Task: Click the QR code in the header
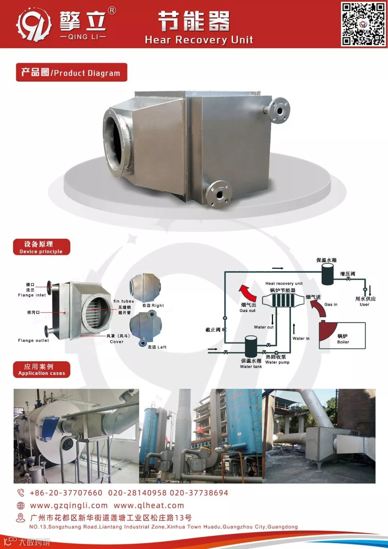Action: (363, 24)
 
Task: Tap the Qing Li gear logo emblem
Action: (34, 24)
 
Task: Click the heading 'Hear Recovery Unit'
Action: (199, 40)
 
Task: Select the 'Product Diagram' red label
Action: (71, 72)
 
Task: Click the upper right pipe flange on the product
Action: (279, 110)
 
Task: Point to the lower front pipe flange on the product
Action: (219, 194)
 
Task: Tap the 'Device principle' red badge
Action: (41, 247)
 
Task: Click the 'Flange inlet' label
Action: (32, 295)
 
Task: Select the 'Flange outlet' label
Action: (33, 340)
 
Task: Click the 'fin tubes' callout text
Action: (124, 301)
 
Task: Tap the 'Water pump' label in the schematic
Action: (277, 362)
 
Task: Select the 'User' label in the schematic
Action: (364, 305)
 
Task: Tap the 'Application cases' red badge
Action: (41, 370)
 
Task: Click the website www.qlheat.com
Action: (149, 505)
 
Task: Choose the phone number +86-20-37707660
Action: (66, 493)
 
